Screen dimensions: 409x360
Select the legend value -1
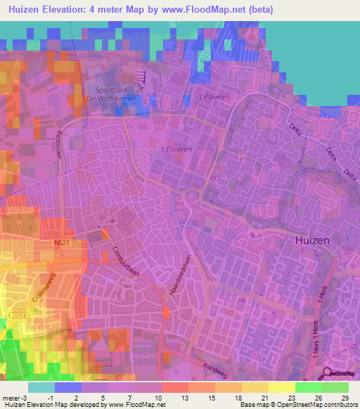coord(50,397)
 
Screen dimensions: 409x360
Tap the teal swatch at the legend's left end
coord(41,387)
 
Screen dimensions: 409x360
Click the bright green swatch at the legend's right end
coord(335,387)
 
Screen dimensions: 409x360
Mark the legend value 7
coord(129,397)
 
